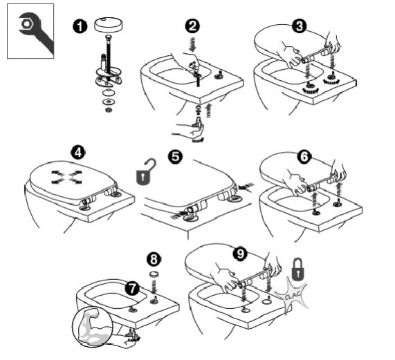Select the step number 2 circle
pos(193,26)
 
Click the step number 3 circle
pos(299,26)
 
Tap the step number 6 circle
pos(302,157)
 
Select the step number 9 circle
pos(240,254)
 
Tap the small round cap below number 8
pos(155,275)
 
